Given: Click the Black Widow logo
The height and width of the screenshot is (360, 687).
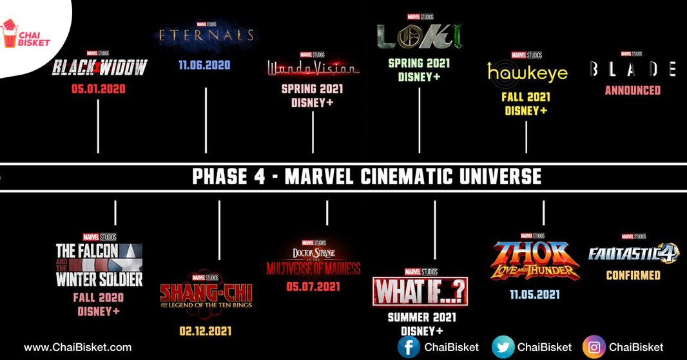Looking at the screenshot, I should pyautogui.click(x=99, y=67).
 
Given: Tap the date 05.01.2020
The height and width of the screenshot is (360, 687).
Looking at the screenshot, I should pyautogui.click(x=98, y=89).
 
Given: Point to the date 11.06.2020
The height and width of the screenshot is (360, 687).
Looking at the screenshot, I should pyautogui.click(x=204, y=65).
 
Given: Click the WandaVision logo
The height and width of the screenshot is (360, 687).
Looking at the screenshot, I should pyautogui.click(x=313, y=67).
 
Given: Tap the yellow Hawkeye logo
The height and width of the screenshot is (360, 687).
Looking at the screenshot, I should pyautogui.click(x=527, y=72).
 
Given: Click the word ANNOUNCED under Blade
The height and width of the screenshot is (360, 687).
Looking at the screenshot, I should pyautogui.click(x=632, y=91).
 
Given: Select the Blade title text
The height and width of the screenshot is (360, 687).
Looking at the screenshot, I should pyautogui.click(x=632, y=69).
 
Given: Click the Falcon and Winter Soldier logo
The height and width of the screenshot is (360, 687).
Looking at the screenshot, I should pyautogui.click(x=99, y=265).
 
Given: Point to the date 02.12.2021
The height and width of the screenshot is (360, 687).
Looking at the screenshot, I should pyautogui.click(x=206, y=331).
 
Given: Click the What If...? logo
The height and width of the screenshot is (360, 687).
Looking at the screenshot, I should pyautogui.click(x=420, y=292).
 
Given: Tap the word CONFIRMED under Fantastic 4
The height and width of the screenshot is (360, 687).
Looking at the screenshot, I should pyautogui.click(x=633, y=275).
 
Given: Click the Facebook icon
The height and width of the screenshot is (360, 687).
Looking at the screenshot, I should pyautogui.click(x=409, y=347).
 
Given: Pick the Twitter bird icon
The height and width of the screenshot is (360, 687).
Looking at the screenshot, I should pyautogui.click(x=503, y=347).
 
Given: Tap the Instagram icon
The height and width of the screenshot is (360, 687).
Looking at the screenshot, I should pyautogui.click(x=594, y=347).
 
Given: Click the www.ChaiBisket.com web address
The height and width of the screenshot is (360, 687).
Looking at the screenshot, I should pyautogui.click(x=77, y=347).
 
